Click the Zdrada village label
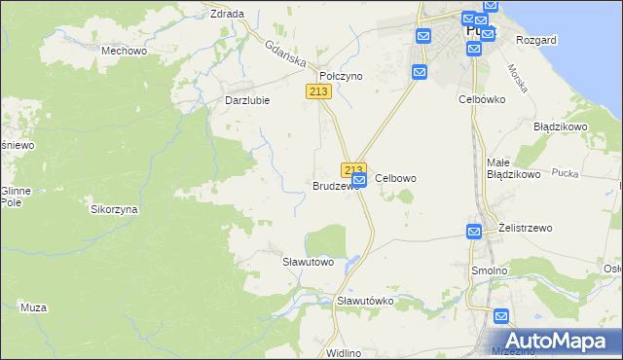point(227,14)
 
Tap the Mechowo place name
point(124,50)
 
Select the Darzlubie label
point(246,99)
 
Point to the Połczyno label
point(341,76)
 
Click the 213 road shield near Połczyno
point(318,91)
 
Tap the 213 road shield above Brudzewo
point(353,168)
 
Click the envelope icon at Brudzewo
point(359,180)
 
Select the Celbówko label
point(481,99)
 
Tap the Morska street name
point(517,78)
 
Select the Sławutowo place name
point(308,262)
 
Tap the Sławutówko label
point(365,301)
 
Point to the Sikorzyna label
point(115,209)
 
